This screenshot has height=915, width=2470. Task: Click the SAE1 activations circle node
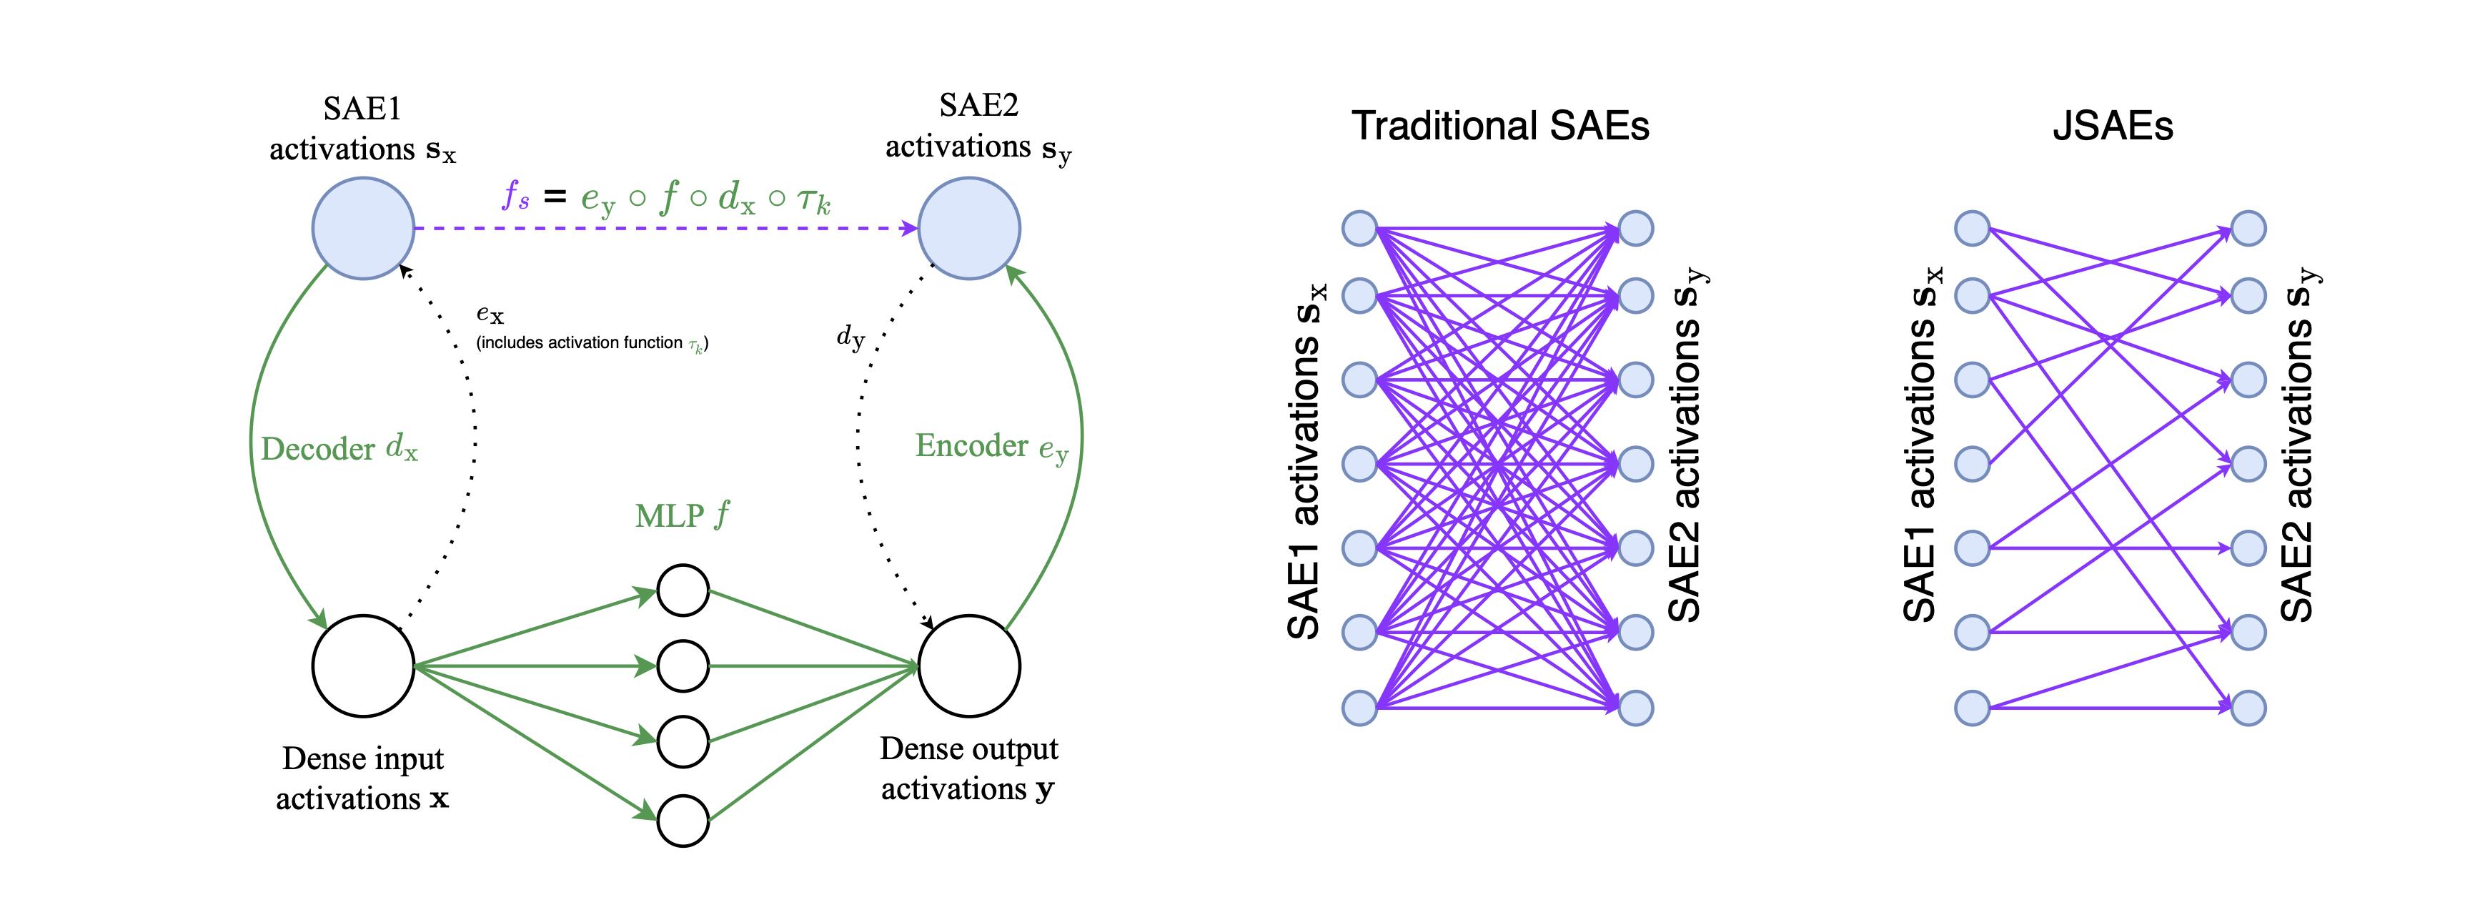363,228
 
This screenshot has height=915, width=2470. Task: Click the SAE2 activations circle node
969,228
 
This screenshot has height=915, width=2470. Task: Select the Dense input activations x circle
363,666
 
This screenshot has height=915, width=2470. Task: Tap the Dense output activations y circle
969,666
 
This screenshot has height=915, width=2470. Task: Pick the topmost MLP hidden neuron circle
683,590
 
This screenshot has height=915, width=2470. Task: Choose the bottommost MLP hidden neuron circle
683,820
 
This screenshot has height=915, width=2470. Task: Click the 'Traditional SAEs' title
1501,127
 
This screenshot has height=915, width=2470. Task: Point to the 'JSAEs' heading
2113,127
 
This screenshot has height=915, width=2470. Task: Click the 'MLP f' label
682,516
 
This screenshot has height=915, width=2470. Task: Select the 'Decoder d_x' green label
339,448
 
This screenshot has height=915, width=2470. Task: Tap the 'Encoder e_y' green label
991,447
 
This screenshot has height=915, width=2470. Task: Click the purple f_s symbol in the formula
516,197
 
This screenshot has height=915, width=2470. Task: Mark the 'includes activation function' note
592,343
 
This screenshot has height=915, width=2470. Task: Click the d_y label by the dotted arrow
850,337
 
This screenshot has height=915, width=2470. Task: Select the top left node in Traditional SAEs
1359,228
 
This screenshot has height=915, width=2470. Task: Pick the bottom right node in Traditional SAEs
1636,708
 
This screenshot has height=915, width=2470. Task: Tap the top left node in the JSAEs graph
1973,228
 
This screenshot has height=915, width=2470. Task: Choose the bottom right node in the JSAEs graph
2248,708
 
